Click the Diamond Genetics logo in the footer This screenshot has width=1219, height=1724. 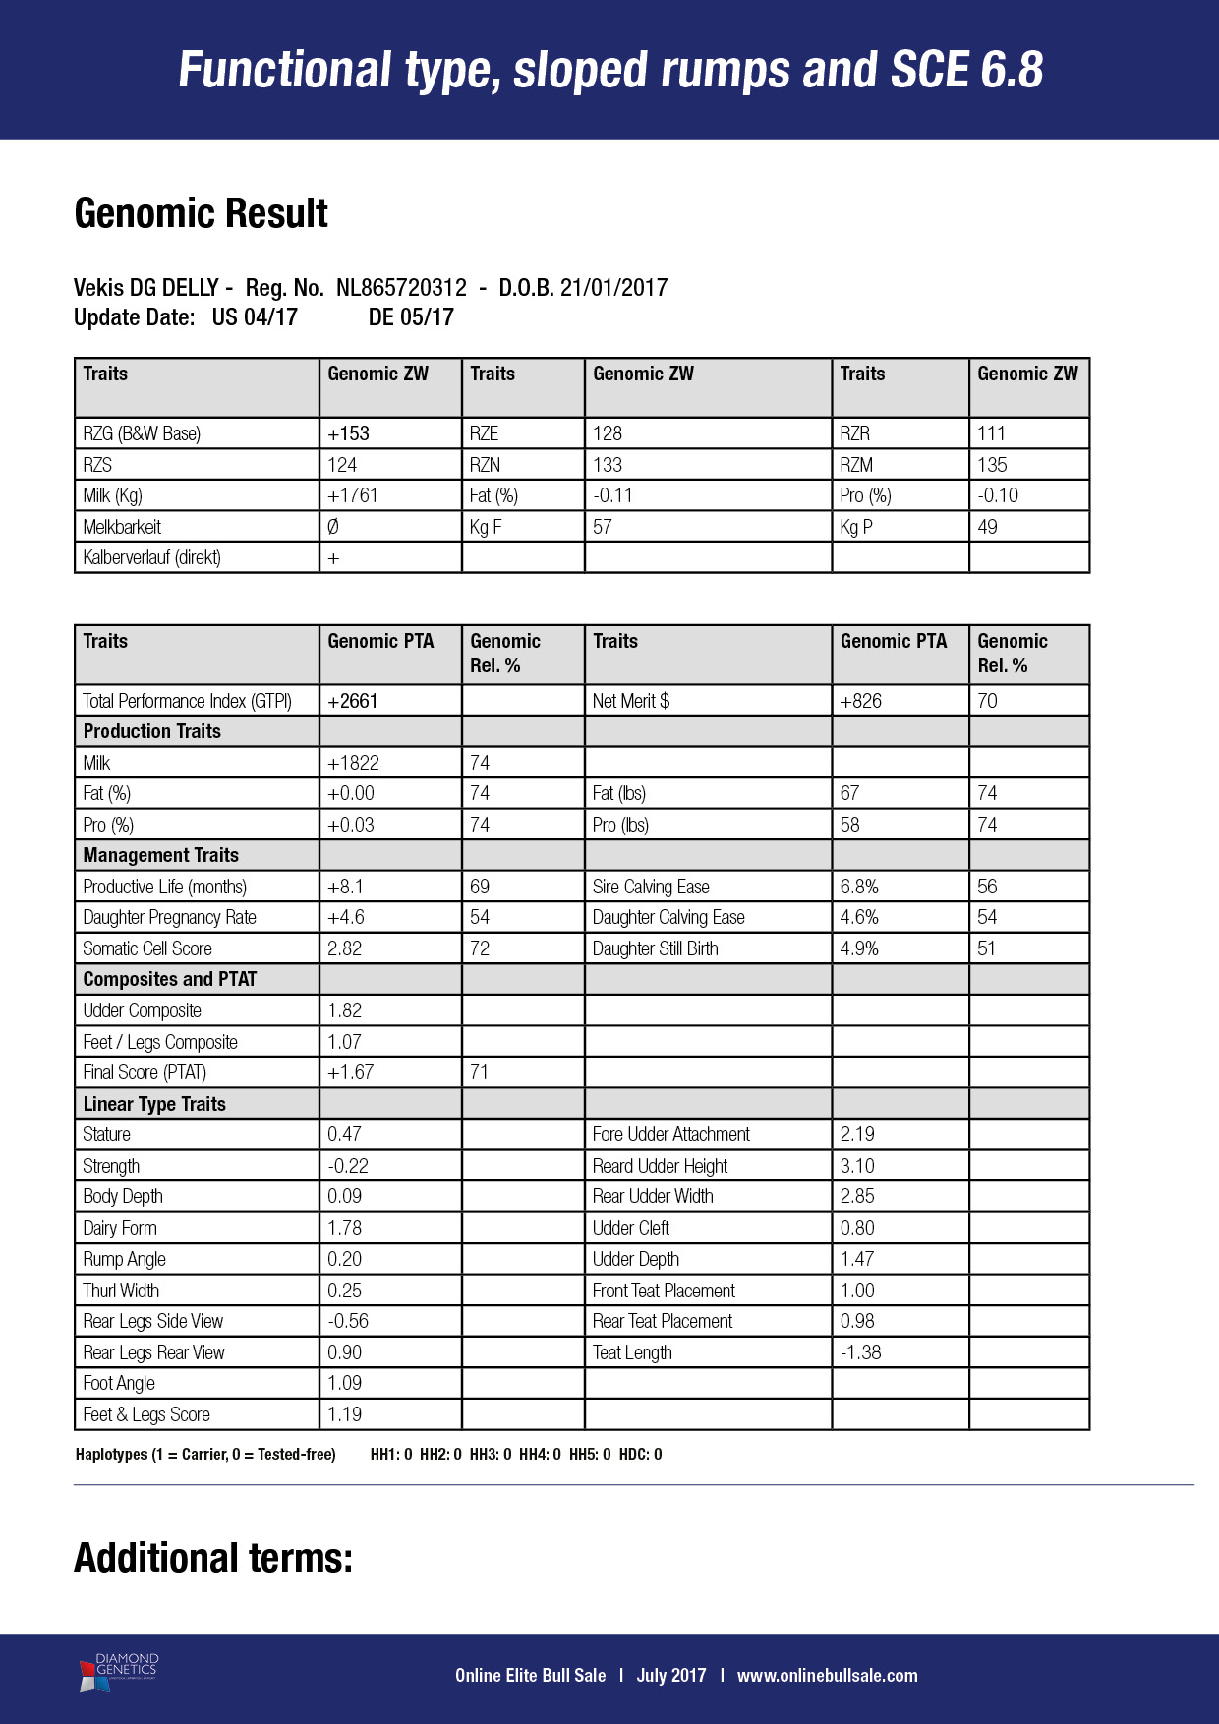(x=119, y=1672)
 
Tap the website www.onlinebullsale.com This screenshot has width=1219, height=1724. (x=827, y=1676)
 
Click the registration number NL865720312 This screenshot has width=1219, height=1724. (x=401, y=288)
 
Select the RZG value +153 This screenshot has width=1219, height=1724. (x=349, y=433)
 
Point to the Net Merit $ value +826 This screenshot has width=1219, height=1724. (x=861, y=701)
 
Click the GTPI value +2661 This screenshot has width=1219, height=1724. (x=353, y=701)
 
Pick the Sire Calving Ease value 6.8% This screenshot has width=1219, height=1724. (x=859, y=887)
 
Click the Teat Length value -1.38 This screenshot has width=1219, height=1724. (x=860, y=1352)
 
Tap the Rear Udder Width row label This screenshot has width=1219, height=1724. (x=653, y=1196)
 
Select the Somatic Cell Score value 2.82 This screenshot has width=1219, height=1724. (x=344, y=948)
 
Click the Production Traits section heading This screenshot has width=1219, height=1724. (x=152, y=731)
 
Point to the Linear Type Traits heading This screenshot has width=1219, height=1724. (x=154, y=1104)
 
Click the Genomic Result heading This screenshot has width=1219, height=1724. (x=202, y=214)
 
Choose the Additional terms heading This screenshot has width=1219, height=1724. (x=213, y=1558)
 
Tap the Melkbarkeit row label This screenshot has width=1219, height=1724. (x=122, y=527)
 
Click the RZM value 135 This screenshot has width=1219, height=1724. (x=992, y=465)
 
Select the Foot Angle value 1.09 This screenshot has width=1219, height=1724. (x=344, y=1383)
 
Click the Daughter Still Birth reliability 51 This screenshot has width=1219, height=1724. (x=986, y=948)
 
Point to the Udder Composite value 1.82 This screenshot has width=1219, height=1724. (x=344, y=1010)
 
